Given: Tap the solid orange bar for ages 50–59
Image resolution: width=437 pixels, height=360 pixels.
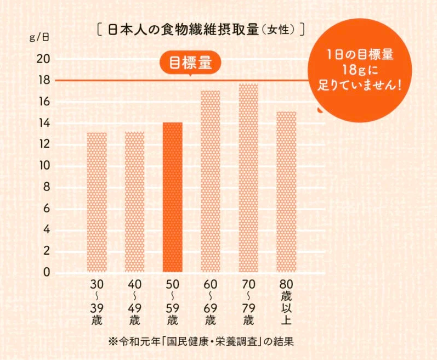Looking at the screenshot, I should [x=173, y=197].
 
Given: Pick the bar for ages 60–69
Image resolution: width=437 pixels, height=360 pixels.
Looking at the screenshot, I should [x=211, y=181].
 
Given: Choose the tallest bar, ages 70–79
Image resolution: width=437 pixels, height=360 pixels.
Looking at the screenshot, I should [x=248, y=178].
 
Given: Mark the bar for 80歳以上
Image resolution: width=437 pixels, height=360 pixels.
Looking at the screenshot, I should [x=286, y=192].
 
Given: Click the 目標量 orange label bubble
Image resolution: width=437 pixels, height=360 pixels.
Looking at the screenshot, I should [x=190, y=63].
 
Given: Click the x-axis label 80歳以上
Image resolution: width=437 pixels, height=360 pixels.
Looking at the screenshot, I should [x=286, y=302].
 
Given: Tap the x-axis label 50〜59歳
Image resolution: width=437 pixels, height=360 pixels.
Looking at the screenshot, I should [x=173, y=302].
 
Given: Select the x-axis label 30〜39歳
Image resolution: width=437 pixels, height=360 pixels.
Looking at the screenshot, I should [x=97, y=302].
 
